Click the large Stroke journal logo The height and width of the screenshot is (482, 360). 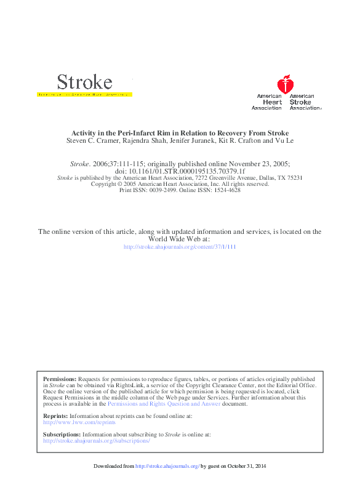coord(84,82)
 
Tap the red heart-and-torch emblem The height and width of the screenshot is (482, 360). coord(284,84)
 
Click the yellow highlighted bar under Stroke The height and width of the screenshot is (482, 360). coord(85,95)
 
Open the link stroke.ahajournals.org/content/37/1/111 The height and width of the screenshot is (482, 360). coord(180,247)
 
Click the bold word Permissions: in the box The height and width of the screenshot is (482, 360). coord(60,379)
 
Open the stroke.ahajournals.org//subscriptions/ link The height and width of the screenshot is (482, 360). coord(96,441)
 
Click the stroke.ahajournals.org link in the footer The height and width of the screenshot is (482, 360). coord(167,466)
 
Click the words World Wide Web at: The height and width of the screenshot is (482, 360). coord(180,239)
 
